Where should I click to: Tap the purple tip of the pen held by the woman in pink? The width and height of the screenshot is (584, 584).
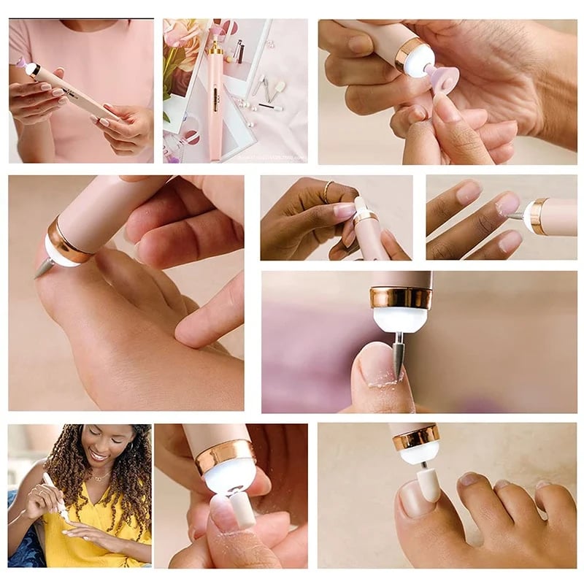pos(23,64)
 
